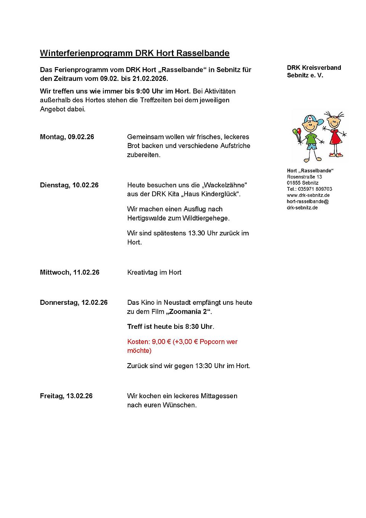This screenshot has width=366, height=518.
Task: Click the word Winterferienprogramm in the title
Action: pyautogui.click(x=86, y=53)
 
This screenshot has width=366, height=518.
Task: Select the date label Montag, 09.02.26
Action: pyautogui.click(x=67, y=137)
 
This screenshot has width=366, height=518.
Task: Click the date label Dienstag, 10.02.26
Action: pyautogui.click(x=69, y=185)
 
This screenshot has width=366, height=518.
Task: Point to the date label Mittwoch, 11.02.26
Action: pyautogui.click(x=70, y=272)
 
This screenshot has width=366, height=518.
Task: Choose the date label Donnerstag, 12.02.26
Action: pyautogui.click(x=74, y=302)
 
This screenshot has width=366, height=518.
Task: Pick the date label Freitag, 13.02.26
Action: pyautogui.click(x=66, y=396)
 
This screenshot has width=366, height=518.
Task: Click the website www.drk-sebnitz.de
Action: pyautogui.click(x=308, y=195)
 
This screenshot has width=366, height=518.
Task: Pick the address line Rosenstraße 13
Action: pyautogui.click(x=305, y=177)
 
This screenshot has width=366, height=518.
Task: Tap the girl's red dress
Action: pyautogui.click(x=335, y=137)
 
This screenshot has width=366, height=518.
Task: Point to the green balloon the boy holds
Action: pyautogui.click(x=295, y=132)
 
